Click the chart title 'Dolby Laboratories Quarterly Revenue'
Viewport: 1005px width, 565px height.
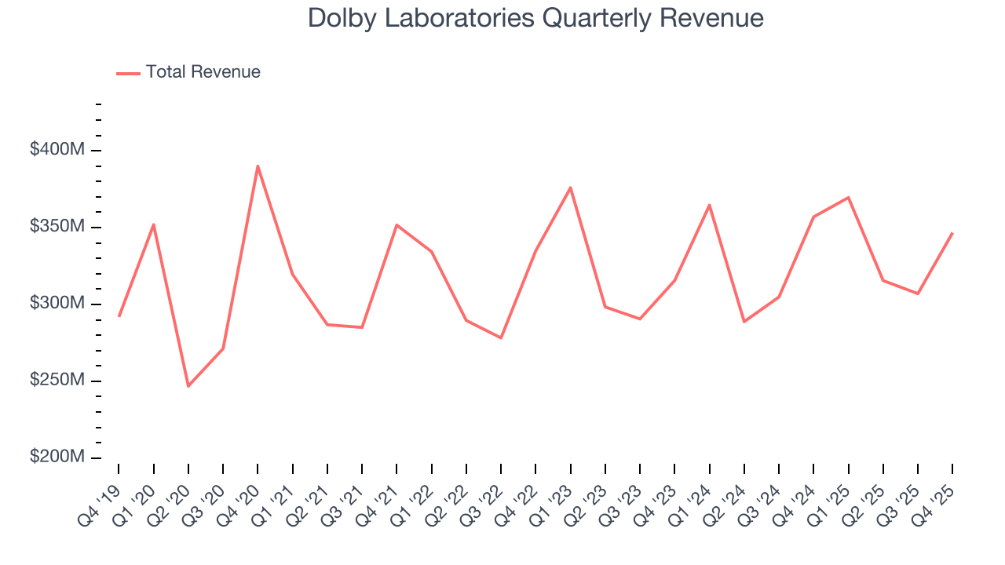pos(535,18)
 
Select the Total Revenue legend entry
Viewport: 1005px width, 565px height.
pos(188,72)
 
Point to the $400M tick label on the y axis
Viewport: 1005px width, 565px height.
pos(57,150)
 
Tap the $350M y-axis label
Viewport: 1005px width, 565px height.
pos(57,227)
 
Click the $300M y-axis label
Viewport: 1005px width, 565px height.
pos(57,304)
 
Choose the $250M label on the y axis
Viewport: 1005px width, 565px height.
pos(57,381)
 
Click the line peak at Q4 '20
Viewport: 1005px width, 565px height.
pos(258,166)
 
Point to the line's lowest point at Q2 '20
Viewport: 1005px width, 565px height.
pos(188,386)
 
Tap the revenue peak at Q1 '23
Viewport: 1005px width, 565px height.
pos(571,187)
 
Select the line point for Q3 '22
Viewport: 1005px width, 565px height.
pos(501,338)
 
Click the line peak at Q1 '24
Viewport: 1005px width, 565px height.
pos(710,205)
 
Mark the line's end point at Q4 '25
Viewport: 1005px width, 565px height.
pos(952,233)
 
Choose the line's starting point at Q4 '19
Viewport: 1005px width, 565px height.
pos(119,316)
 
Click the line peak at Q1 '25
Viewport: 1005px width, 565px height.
pos(849,197)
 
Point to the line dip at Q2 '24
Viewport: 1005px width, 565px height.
pos(744,322)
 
